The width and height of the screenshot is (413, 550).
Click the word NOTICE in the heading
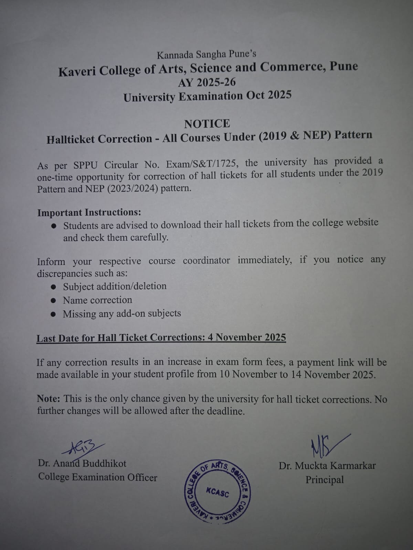coord(207,124)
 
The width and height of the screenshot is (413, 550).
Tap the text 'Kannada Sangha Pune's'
coord(206,54)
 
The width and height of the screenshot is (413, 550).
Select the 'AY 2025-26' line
coord(207,83)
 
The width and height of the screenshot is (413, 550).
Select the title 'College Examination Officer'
coord(98,477)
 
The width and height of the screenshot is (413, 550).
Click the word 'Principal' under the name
coord(325,480)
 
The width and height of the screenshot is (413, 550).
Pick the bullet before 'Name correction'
coord(53,300)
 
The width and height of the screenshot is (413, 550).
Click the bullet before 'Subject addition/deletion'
coord(53,287)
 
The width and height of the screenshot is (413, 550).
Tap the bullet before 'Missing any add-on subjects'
coord(53,314)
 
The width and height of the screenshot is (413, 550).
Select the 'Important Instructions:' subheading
coord(89,213)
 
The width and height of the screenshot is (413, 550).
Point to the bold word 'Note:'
coord(49,399)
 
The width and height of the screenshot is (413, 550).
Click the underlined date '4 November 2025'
coord(247,337)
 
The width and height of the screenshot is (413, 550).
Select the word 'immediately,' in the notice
coord(264,260)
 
